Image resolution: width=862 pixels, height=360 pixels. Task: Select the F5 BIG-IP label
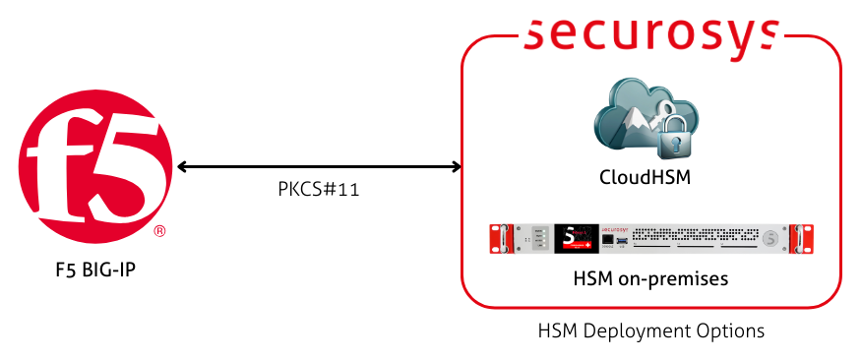(x=95, y=269)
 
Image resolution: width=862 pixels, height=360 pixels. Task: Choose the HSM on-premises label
(x=650, y=278)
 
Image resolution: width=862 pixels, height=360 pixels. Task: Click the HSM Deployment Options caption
(x=651, y=330)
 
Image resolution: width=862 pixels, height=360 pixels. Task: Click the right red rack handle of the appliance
(x=807, y=239)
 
